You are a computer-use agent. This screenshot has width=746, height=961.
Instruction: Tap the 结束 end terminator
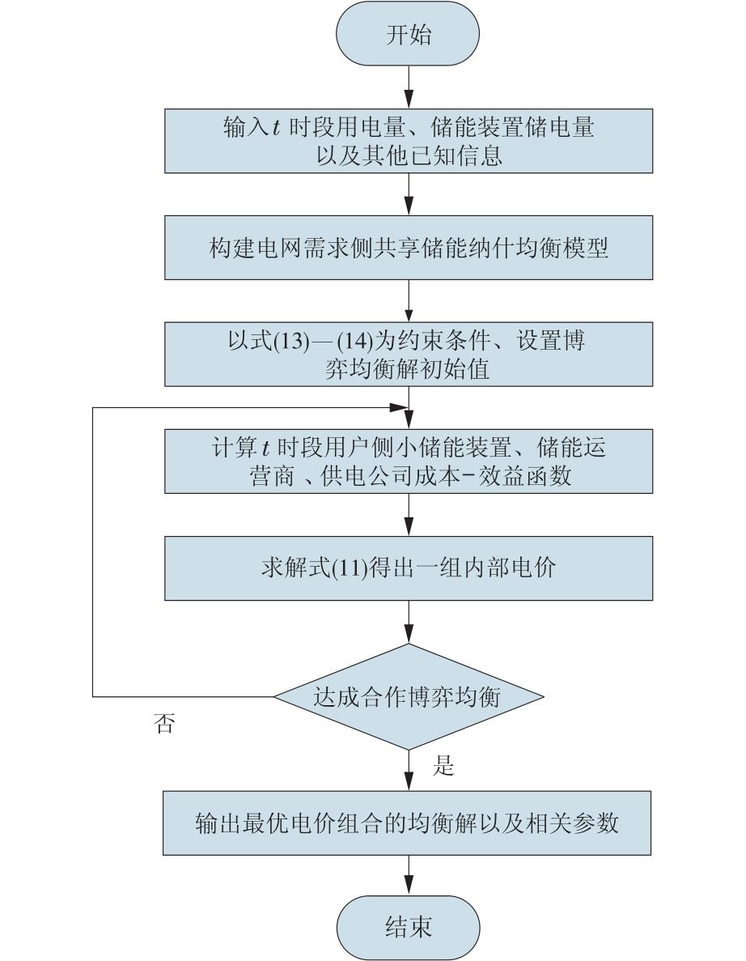click(x=409, y=925)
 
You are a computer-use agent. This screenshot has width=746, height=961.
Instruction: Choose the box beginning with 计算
click(x=409, y=461)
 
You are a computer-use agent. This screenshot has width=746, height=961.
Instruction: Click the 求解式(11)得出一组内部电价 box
click(x=409, y=568)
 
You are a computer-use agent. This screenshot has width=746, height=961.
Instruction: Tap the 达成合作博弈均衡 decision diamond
click(x=409, y=696)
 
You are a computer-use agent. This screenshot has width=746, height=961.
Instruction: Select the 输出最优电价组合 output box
click(x=409, y=824)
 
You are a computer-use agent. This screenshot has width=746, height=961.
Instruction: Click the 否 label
click(x=163, y=723)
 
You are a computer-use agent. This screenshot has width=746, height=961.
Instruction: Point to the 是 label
click(x=443, y=766)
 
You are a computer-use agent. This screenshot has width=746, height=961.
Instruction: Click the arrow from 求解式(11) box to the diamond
click(x=409, y=622)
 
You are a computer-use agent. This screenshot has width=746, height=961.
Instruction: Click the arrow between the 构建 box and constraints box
click(x=409, y=300)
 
